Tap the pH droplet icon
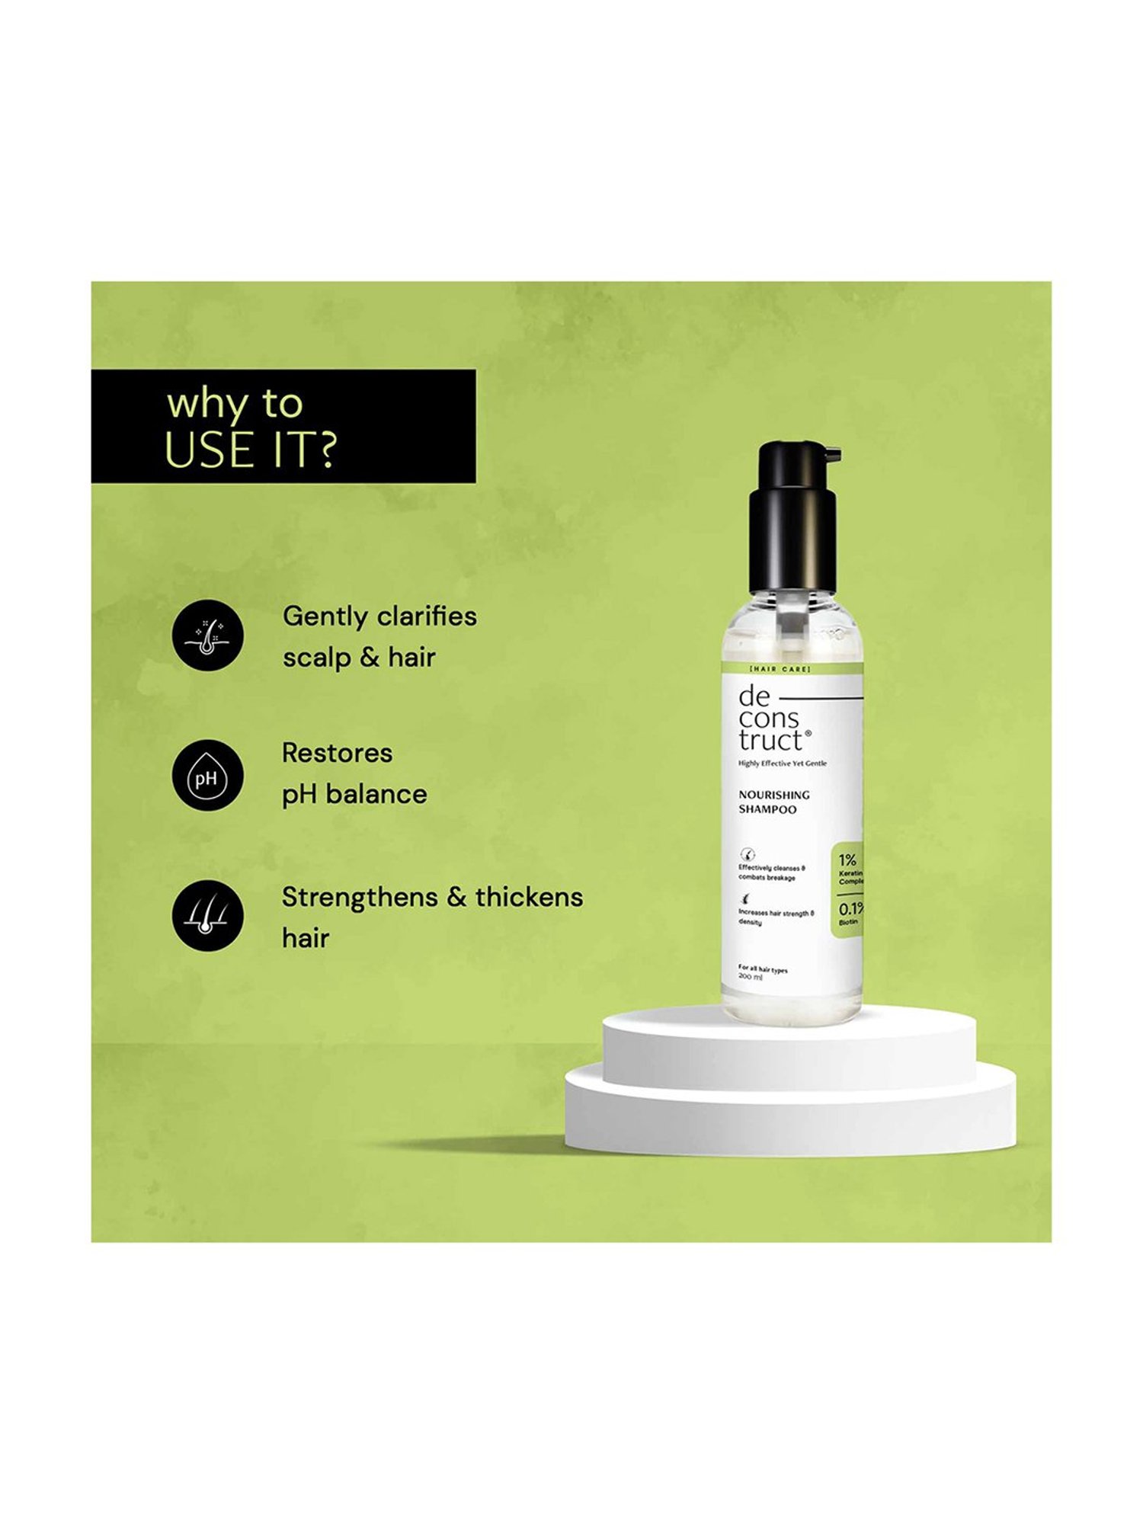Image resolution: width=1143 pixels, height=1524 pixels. pyautogui.click(x=207, y=776)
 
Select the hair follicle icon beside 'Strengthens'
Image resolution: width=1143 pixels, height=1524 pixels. pyautogui.click(x=207, y=916)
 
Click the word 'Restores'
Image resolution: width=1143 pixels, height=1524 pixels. pyautogui.click(x=337, y=753)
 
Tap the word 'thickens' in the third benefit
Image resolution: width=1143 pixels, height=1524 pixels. pyautogui.click(x=529, y=897)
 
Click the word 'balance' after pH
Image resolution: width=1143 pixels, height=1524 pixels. pyautogui.click(x=376, y=794)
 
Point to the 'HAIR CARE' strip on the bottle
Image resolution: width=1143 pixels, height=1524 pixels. pyautogui.click(x=780, y=669)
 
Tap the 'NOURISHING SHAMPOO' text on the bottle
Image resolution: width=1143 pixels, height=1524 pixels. pyautogui.click(x=773, y=802)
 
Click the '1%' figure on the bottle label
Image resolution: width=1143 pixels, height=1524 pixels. pyautogui.click(x=847, y=860)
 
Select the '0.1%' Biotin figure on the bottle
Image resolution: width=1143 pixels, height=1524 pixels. pyautogui.click(x=850, y=909)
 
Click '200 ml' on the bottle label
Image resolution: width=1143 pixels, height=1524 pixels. pyautogui.click(x=750, y=977)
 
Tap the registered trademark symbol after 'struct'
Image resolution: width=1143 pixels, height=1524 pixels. pyautogui.click(x=808, y=733)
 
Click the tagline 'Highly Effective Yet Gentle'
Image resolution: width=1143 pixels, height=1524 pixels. pyautogui.click(x=782, y=763)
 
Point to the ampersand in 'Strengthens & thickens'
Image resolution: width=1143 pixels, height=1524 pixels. pyautogui.click(x=456, y=897)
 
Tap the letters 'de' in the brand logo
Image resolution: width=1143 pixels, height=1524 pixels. pyautogui.click(x=754, y=696)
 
